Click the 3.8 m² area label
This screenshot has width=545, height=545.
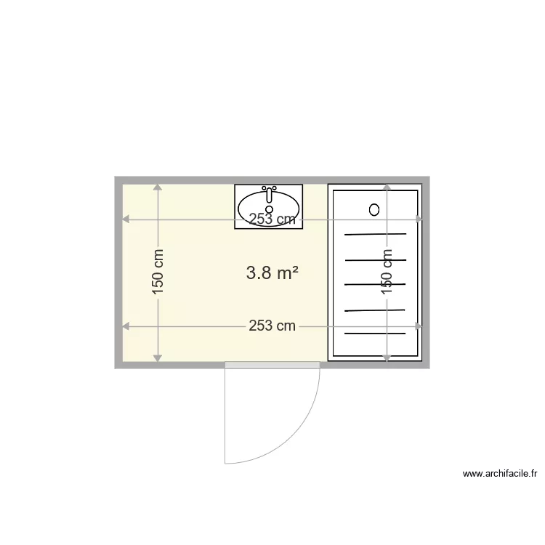pyautogui.click(x=272, y=273)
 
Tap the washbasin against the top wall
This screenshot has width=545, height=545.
pyautogui.click(x=268, y=206)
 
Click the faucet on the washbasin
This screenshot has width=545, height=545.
pyautogui.click(x=269, y=193)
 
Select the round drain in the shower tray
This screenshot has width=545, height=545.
pyautogui.click(x=374, y=209)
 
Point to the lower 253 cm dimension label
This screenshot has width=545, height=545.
pyautogui.click(x=272, y=326)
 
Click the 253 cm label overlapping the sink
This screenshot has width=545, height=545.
pyautogui.click(x=272, y=219)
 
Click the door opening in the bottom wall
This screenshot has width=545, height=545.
pyautogui.click(x=272, y=363)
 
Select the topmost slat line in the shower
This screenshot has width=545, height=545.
pyautogui.click(x=375, y=234)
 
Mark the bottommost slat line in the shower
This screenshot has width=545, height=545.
pyautogui.click(x=375, y=334)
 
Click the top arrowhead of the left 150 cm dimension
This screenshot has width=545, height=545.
pyautogui.click(x=158, y=187)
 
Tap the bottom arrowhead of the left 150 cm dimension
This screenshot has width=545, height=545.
pyautogui.click(x=158, y=357)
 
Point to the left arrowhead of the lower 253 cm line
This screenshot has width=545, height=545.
pyautogui.click(x=126, y=326)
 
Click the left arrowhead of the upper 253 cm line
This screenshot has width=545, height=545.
pyautogui.click(x=126, y=219)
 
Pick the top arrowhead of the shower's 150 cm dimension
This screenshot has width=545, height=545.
pyautogui.click(x=387, y=187)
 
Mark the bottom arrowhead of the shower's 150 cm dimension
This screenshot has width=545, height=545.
pyautogui.click(x=387, y=357)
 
